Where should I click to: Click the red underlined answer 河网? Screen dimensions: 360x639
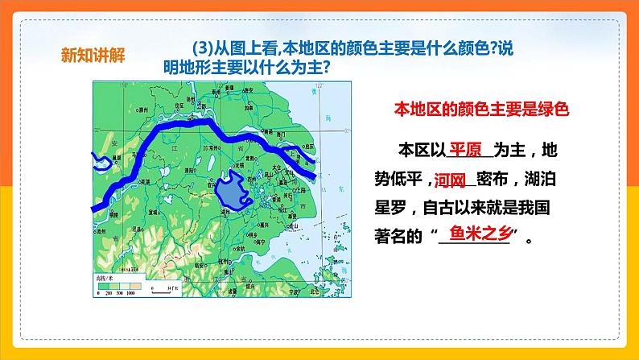tap(451, 179)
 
